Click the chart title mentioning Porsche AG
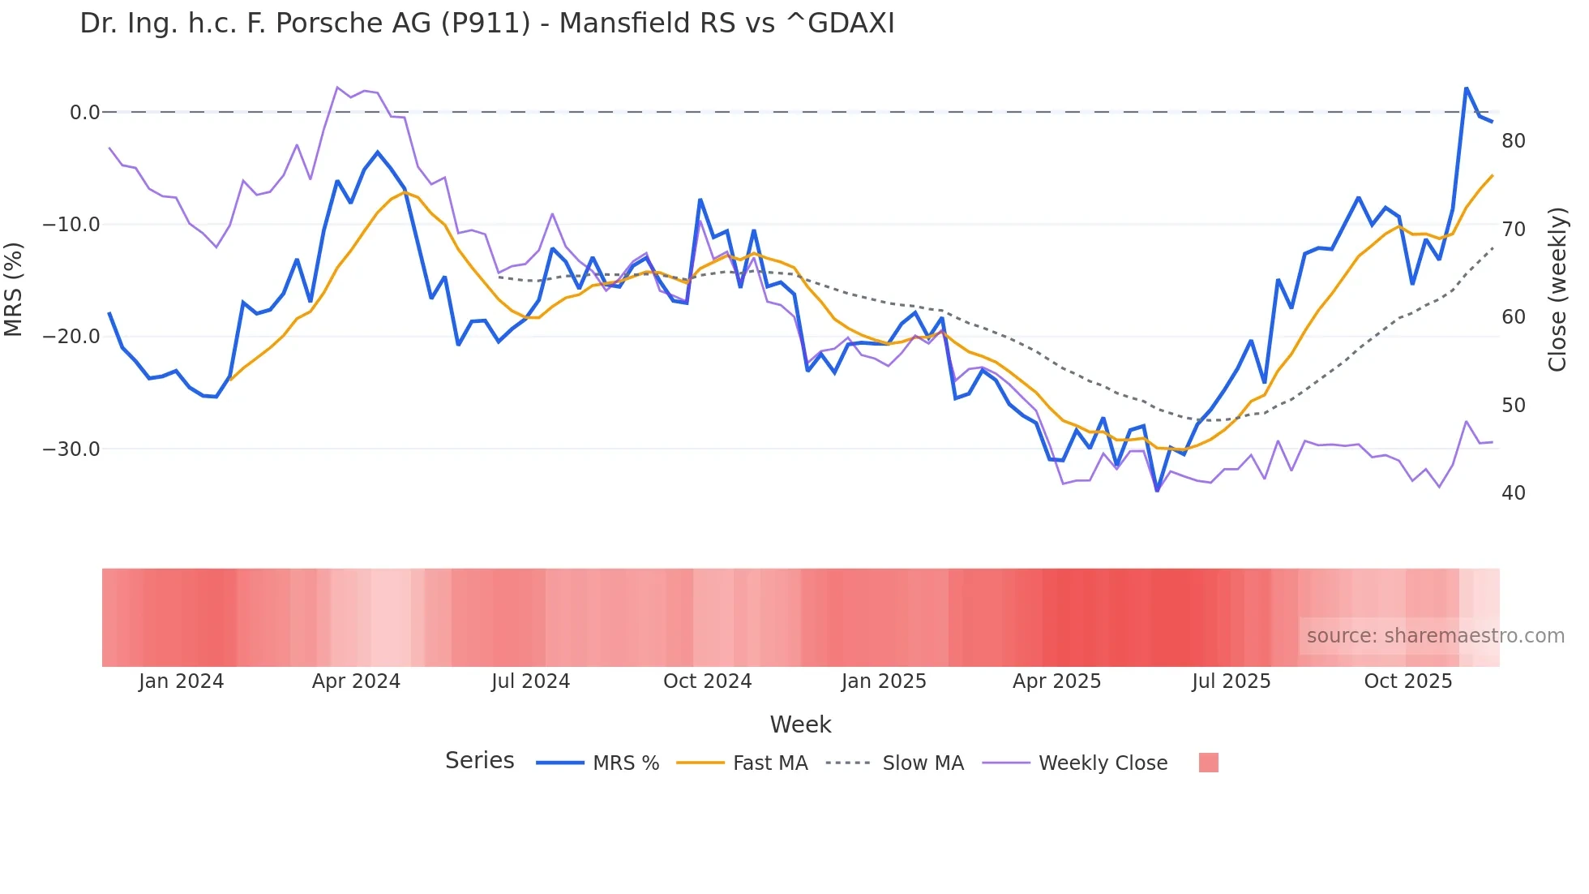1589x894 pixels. point(486,24)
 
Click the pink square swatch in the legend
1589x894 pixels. point(1208,763)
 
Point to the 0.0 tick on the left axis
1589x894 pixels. point(84,113)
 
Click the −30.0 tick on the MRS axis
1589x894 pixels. point(71,449)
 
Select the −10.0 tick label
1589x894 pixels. point(71,225)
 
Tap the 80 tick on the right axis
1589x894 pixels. point(1513,141)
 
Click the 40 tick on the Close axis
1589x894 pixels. point(1513,493)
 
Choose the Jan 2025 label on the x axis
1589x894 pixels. point(883,681)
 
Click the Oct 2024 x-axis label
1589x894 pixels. point(707,681)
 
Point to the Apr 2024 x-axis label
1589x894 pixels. point(356,681)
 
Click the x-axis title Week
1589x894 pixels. point(800,724)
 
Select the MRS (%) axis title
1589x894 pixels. point(14,289)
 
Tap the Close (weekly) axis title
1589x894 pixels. point(1557,290)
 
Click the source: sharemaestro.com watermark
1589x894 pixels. point(1435,636)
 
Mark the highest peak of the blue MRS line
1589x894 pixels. point(1466,88)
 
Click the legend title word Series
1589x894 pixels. point(479,761)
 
